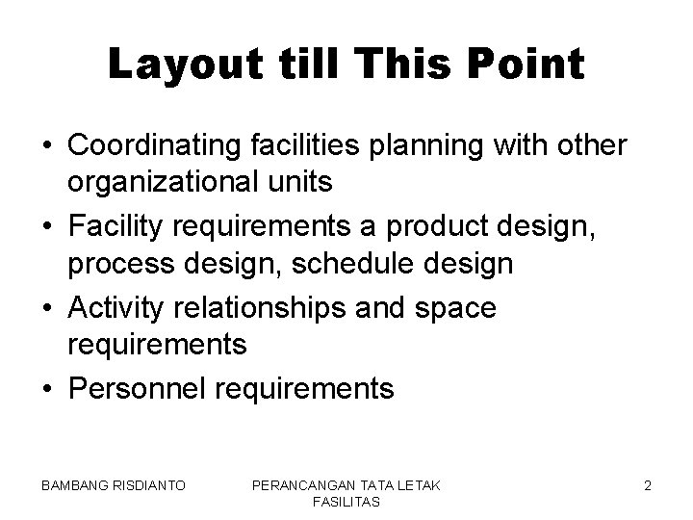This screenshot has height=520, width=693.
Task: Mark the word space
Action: pos(455,309)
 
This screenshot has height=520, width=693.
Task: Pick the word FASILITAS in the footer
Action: pos(346,503)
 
